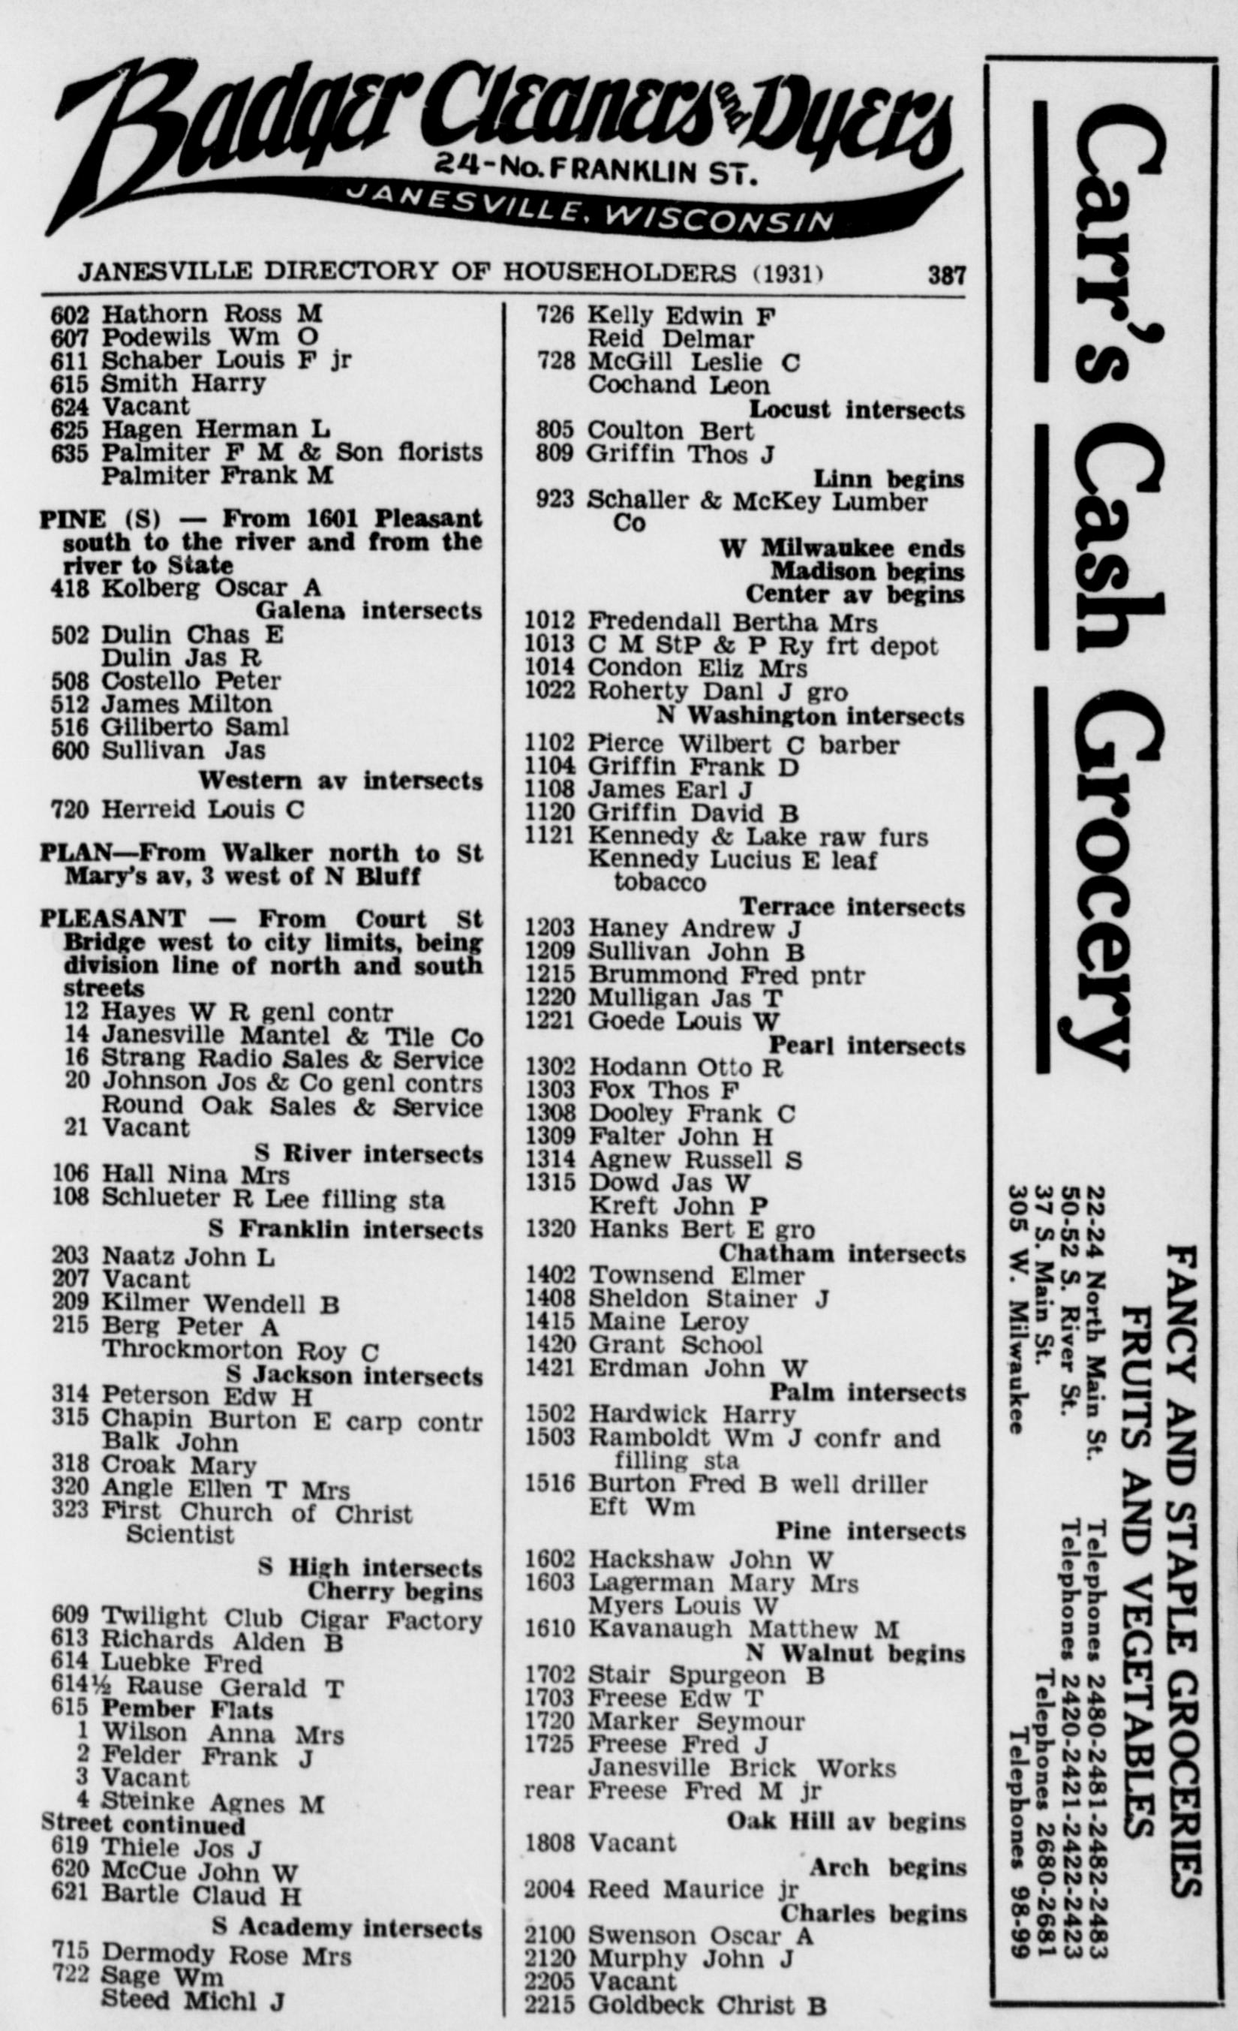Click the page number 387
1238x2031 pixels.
coord(945,274)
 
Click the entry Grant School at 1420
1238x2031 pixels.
coord(675,1345)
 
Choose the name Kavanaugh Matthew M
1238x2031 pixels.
coord(742,1629)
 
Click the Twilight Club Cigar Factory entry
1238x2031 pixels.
coord(291,1620)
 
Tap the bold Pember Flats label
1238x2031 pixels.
coord(186,1709)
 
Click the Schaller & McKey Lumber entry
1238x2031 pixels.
coord(756,501)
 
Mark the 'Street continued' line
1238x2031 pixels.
coord(143,1824)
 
